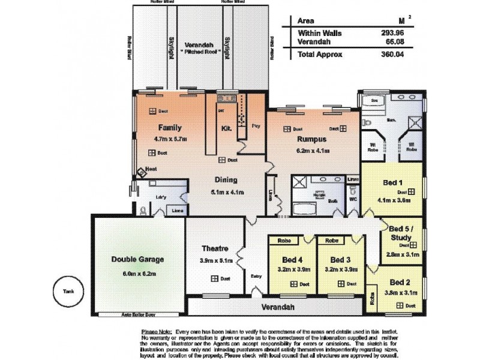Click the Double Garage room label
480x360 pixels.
tap(137, 259)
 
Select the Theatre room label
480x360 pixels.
tap(214, 249)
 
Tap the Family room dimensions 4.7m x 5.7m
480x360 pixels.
tap(170, 139)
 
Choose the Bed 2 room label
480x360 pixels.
tap(400, 282)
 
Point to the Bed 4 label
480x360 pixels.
tap(292, 260)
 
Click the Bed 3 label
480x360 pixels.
tap(340, 260)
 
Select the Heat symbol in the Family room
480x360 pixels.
tap(142, 173)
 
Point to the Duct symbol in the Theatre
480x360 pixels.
tap(214, 278)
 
